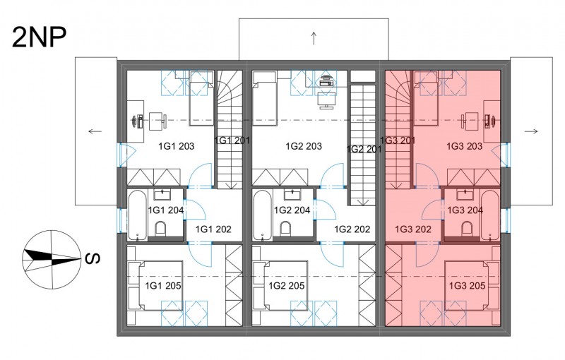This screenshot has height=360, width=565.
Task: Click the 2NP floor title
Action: pos(40,37)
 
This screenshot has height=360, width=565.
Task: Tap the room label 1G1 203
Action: pos(176,146)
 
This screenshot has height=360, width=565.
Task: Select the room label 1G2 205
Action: pos(287,286)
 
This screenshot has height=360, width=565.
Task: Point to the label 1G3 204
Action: pos(465,210)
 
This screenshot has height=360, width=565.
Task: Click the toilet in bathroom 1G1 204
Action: pos(160,228)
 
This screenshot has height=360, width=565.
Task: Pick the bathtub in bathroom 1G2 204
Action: pos(263,215)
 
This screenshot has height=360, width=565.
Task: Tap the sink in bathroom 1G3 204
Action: pos(465,196)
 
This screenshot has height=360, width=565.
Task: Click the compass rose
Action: pos(52,259)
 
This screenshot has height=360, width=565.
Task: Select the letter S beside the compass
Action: pos(93,258)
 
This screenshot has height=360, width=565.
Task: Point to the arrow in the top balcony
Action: pos(314,39)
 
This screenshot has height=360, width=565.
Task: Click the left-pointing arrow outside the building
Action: pos(95,131)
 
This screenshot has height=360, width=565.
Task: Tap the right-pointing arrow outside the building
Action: pos(531,131)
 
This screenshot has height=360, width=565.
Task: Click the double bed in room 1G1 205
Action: pos(155,286)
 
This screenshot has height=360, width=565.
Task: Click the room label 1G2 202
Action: pos(352,229)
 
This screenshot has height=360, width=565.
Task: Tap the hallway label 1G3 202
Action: pos(413,229)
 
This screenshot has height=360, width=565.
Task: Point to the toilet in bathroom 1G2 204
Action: pos(286,228)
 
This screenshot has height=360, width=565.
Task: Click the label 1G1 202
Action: pos(213,229)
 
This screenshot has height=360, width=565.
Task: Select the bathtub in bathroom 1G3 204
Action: pos(490,215)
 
